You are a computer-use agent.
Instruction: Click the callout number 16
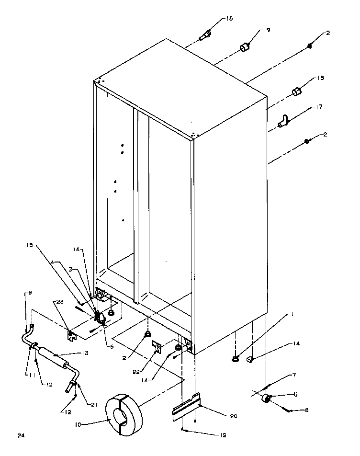229,19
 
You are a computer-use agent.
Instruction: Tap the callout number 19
266,30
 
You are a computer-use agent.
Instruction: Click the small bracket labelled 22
156,346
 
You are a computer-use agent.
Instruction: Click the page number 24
20,435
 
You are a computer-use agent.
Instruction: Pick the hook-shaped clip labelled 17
283,122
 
